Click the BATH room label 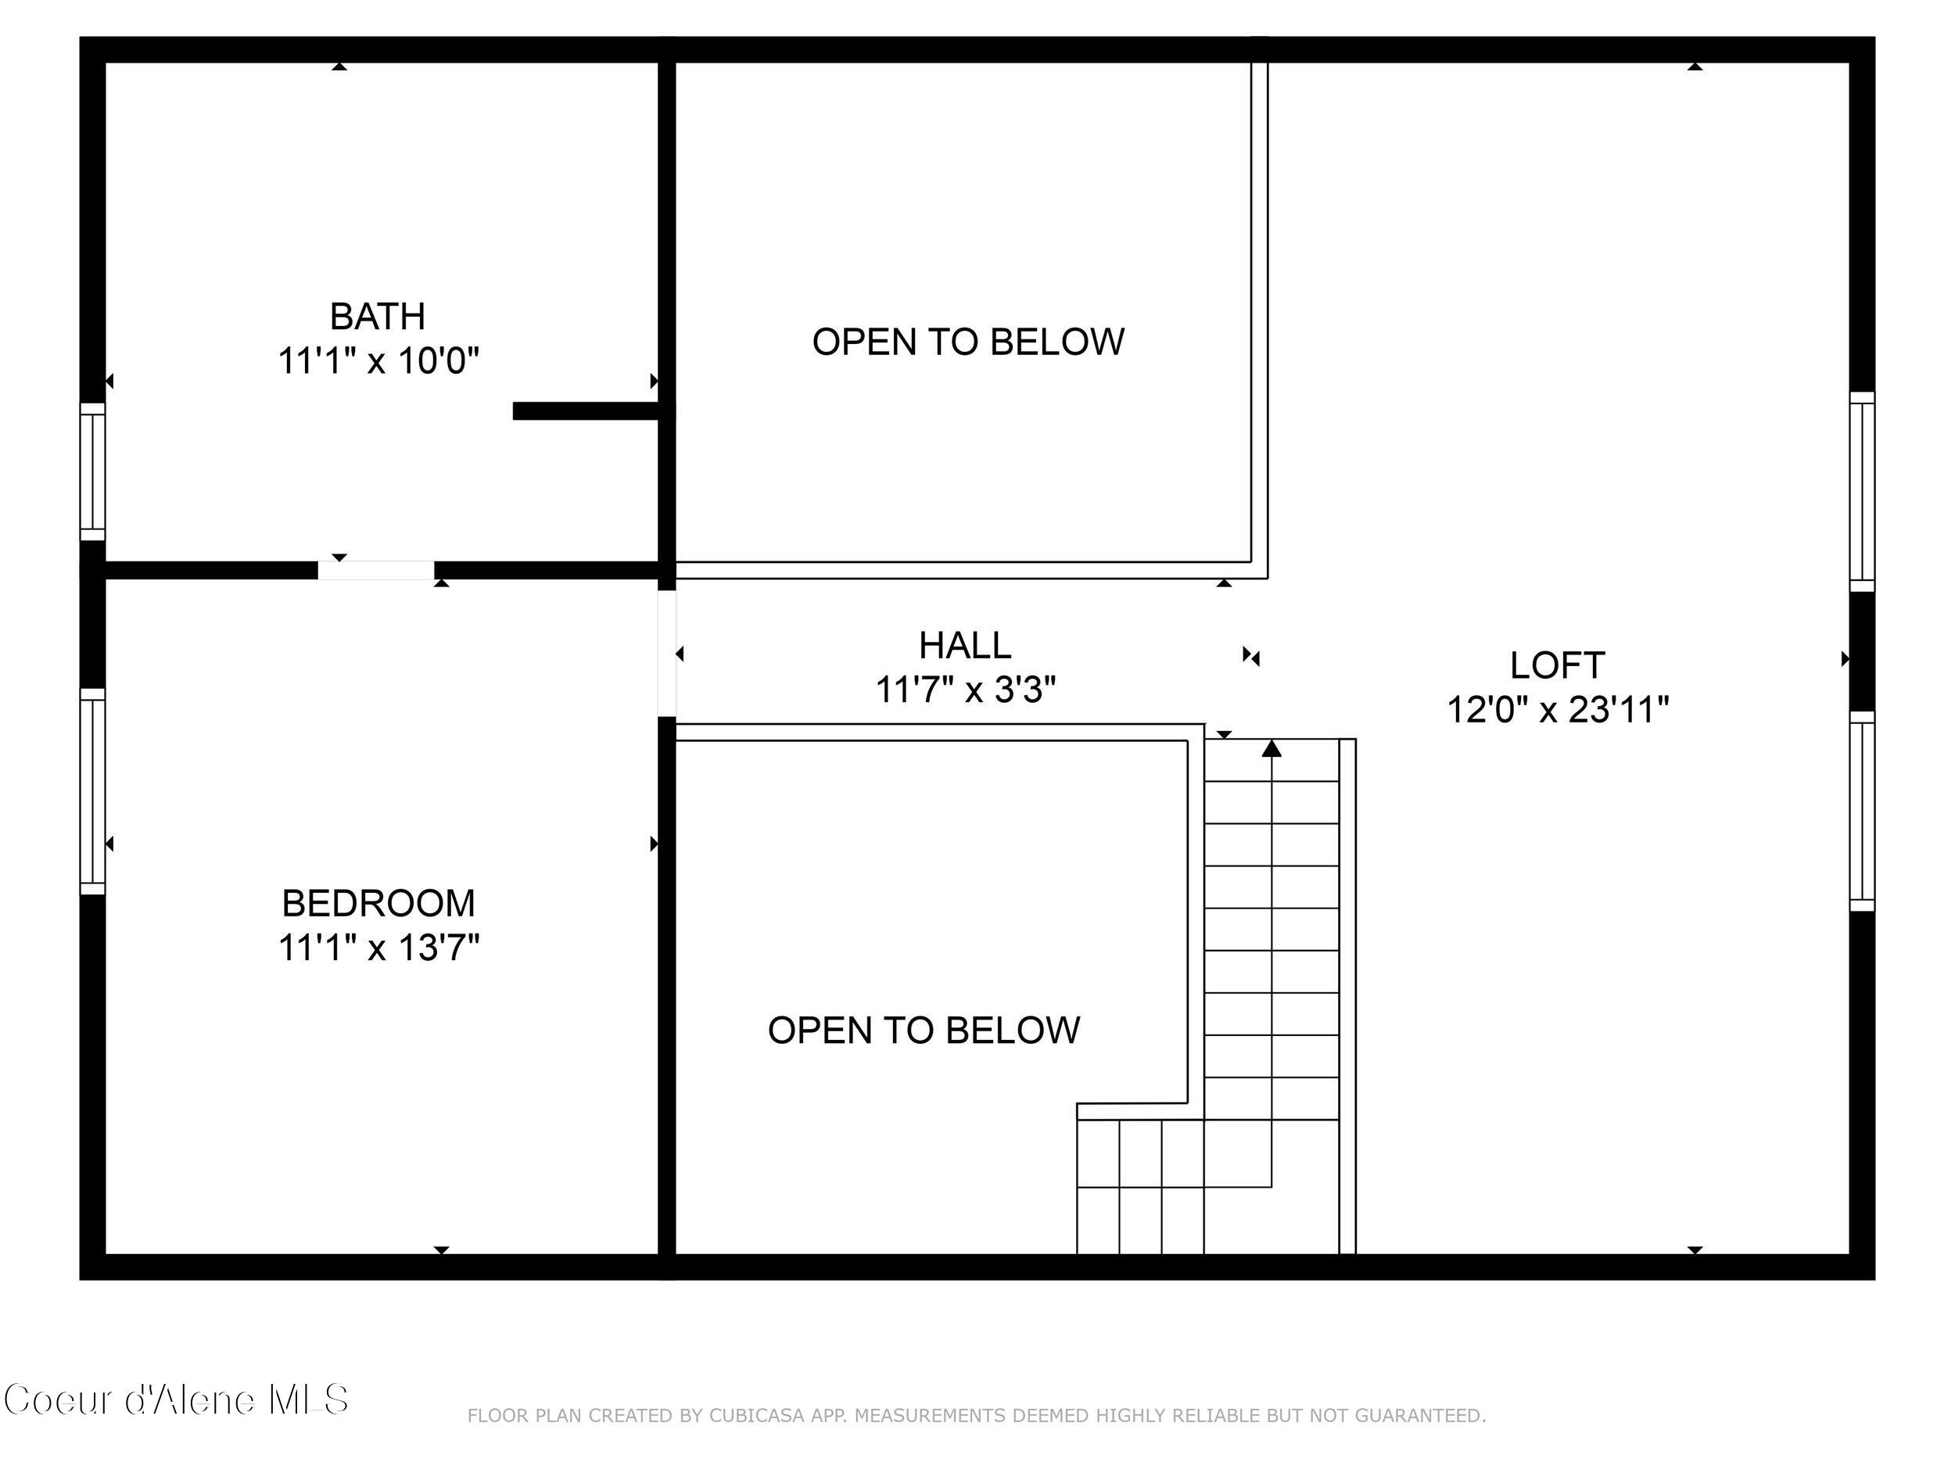(x=378, y=317)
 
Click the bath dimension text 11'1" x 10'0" (x=378, y=361)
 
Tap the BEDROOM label (x=378, y=903)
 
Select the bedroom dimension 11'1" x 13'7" (x=378, y=948)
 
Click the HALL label (x=964, y=645)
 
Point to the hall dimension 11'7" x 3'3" (x=965, y=690)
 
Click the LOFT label (x=1556, y=665)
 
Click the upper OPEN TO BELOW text (x=968, y=342)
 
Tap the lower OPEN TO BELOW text (x=924, y=1031)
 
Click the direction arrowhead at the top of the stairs (x=1271, y=748)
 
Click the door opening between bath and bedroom (x=375, y=570)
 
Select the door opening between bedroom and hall (x=666, y=654)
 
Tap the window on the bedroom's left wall (x=93, y=791)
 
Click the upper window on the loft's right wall (x=1861, y=491)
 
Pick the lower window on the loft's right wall (x=1861, y=812)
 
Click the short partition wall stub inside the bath (x=586, y=411)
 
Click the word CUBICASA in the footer (x=756, y=1416)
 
